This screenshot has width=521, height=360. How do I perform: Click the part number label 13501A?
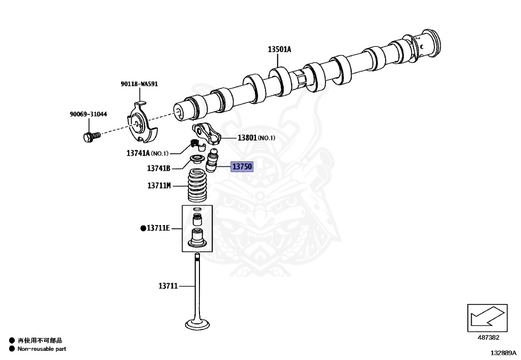click(279, 49)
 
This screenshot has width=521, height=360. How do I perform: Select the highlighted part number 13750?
click(242, 167)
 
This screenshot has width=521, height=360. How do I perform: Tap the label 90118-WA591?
click(139, 84)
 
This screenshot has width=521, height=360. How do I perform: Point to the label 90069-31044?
click(88, 115)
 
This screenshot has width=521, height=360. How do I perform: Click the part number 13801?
click(248, 138)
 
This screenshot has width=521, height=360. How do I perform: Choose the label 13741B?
click(158, 169)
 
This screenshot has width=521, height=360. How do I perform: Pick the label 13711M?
click(159, 186)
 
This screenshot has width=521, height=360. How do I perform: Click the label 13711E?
click(159, 228)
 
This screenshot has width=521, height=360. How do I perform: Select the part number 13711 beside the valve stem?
click(167, 286)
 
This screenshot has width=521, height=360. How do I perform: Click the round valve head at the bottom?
click(196, 323)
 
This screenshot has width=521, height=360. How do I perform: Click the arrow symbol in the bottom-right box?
click(486, 318)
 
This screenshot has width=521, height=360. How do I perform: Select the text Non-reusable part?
click(42, 349)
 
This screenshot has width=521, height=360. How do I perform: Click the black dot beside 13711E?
click(143, 228)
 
